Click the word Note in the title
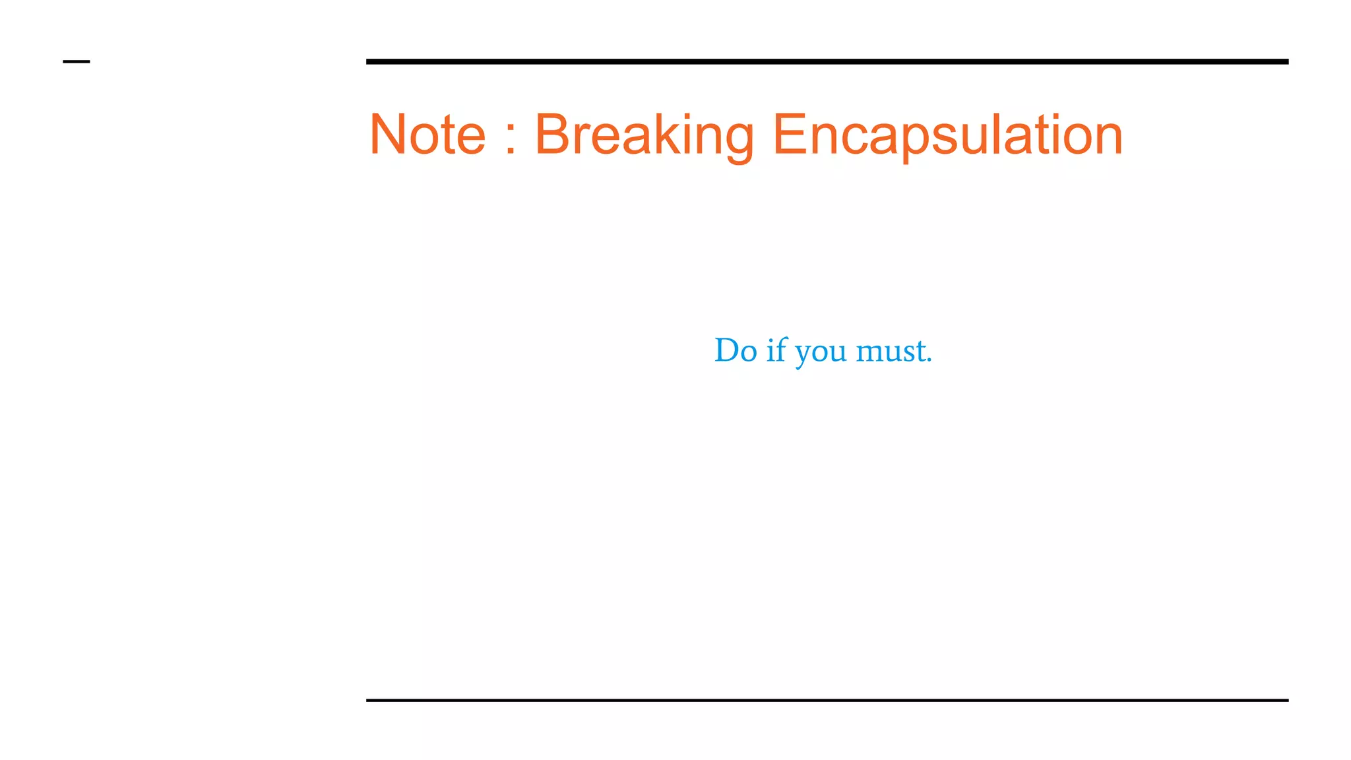(427, 135)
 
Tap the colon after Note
(509, 137)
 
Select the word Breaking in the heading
(644, 136)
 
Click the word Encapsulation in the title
(947, 136)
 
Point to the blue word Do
(735, 350)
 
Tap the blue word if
(776, 350)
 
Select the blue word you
(821, 353)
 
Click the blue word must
(891, 350)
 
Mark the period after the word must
(929, 360)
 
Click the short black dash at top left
(77, 62)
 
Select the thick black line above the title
(827, 61)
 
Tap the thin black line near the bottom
(827, 700)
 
